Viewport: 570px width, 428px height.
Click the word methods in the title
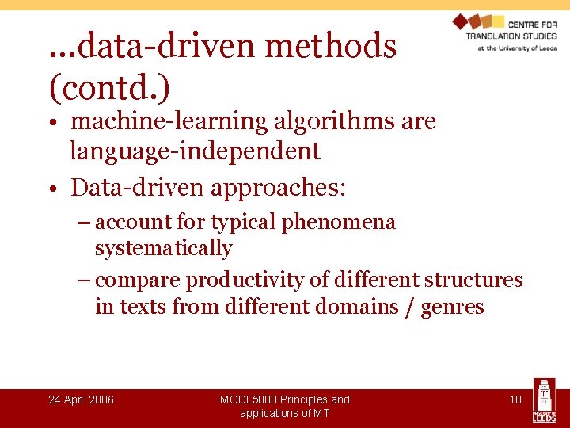pos(331,47)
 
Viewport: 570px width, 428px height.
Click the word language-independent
pos(195,151)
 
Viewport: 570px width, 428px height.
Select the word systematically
pos(163,249)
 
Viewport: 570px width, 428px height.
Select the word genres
pos(452,307)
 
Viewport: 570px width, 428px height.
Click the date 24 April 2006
pos(81,399)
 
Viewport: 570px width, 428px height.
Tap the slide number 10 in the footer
pos(515,399)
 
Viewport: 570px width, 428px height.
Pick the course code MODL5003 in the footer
pos(252,399)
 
